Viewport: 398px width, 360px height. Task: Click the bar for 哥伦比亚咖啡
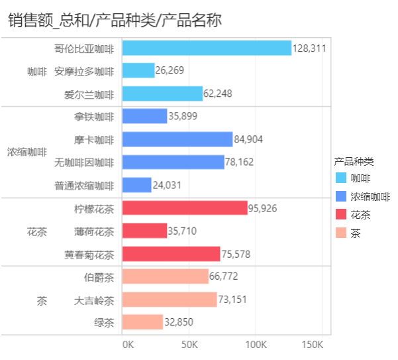[x=207, y=48]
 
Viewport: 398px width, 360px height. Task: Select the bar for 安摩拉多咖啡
[x=138, y=70]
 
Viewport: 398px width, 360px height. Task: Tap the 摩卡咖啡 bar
[x=177, y=139]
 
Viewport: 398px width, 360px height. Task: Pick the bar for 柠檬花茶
[x=185, y=208]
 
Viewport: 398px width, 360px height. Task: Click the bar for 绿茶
[x=142, y=322]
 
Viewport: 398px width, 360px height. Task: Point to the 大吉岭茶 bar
[x=170, y=300]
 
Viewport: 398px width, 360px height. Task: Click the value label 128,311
[x=310, y=48]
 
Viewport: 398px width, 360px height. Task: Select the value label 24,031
[x=167, y=186]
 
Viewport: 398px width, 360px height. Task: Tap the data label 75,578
[x=235, y=255]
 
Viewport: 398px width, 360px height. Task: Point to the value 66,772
[x=224, y=276]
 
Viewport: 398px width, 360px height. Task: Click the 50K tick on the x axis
[x=190, y=345]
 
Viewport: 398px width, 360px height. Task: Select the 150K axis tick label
[x=312, y=345]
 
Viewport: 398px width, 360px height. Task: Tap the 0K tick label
[x=128, y=345]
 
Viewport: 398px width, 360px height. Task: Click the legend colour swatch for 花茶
[x=341, y=215]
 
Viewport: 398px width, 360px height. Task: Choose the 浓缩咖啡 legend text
[x=370, y=196]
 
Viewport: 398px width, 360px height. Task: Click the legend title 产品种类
[x=354, y=161]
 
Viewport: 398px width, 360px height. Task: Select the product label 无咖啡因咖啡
[x=84, y=162]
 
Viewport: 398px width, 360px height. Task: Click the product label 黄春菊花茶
[x=89, y=255]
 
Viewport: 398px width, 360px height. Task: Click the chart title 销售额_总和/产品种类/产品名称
[x=115, y=21]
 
